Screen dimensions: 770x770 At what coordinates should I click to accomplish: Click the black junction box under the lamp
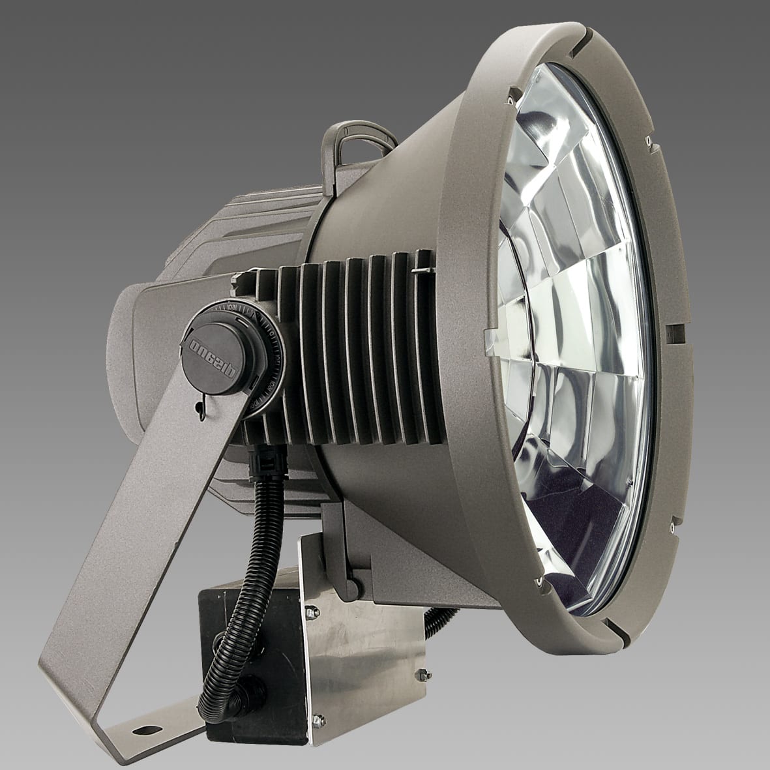(248, 639)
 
